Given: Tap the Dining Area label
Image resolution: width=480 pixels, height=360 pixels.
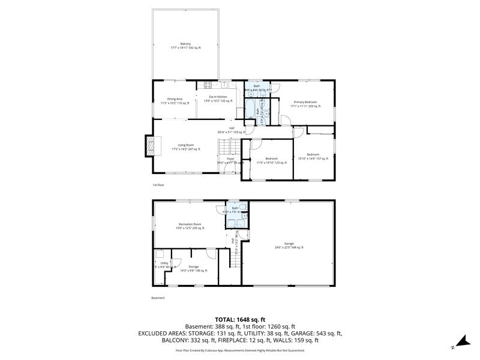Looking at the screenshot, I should click(x=175, y=100).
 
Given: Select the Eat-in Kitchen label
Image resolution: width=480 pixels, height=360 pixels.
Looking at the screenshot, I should click(x=218, y=98).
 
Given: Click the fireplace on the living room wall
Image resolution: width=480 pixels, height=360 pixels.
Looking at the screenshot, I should click(x=151, y=145).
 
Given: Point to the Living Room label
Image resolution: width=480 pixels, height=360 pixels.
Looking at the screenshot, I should click(x=185, y=146).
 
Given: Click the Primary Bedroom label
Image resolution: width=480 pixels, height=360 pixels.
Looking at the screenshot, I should click(x=304, y=104).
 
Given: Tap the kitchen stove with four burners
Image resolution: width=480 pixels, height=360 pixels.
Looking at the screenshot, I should click(x=209, y=85).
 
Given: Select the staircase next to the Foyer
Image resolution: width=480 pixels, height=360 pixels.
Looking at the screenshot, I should click(x=224, y=146).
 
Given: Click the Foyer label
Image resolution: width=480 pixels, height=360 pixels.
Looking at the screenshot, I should click(x=230, y=160).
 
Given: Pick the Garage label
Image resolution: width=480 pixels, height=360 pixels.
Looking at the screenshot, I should click(x=289, y=245).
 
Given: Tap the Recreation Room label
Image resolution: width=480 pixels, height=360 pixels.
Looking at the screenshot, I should click(x=190, y=226).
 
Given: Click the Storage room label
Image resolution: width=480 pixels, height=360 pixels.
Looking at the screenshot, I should click(x=193, y=268).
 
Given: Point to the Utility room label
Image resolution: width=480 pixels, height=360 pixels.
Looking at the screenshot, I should click(x=164, y=264).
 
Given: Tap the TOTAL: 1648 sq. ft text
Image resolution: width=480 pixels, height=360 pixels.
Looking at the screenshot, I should click(x=240, y=319).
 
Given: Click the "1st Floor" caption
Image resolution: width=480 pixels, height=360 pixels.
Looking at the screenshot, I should click(x=158, y=185).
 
